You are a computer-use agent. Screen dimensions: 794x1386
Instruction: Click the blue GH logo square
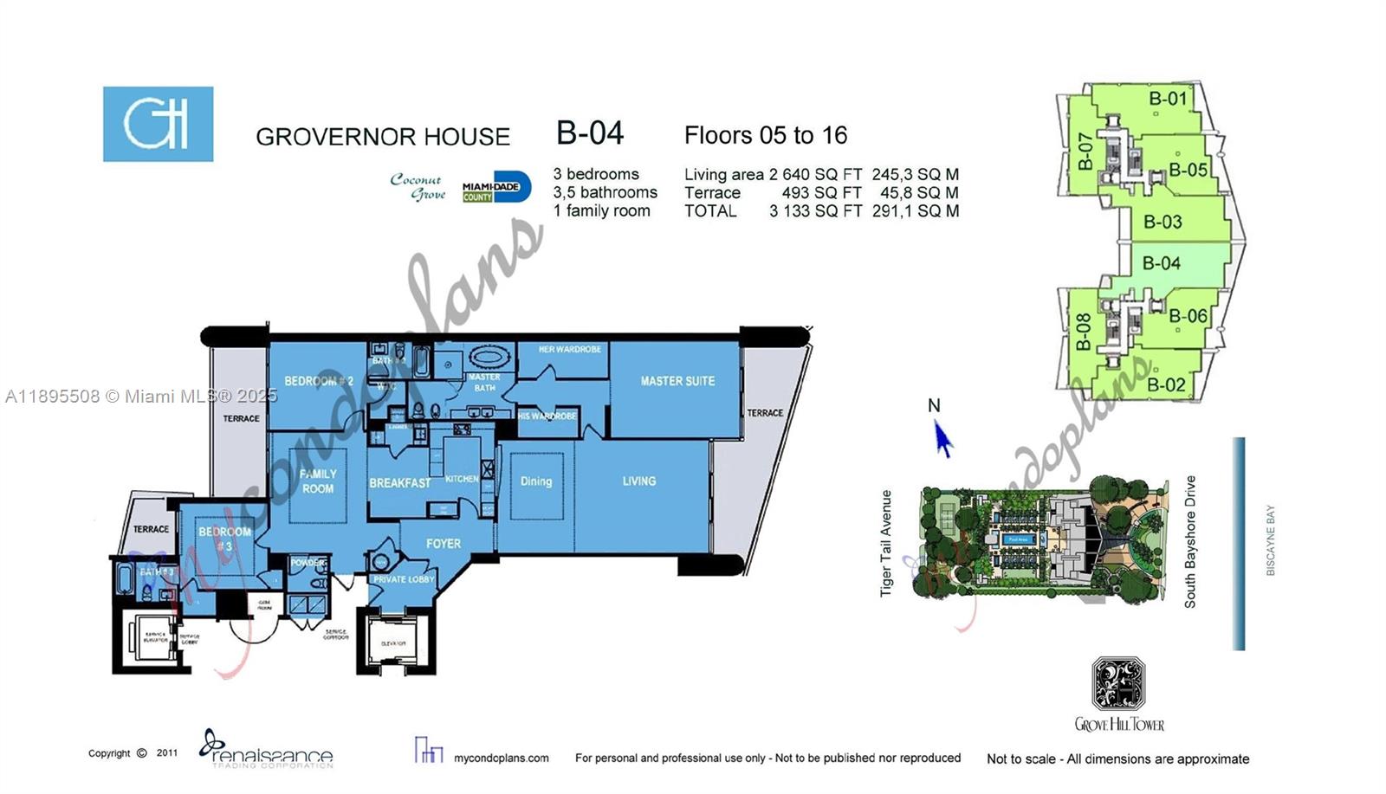158,124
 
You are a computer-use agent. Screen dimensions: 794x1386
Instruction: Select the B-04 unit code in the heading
590,133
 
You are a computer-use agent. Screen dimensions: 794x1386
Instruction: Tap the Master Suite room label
677,381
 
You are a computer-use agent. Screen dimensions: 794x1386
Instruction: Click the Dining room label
535,481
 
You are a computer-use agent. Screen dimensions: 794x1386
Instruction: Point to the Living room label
638,481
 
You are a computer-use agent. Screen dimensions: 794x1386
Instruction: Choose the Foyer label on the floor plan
443,544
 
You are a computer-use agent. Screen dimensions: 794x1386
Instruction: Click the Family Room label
318,481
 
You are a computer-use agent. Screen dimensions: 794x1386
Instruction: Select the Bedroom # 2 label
319,381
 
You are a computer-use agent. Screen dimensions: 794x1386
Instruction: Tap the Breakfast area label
399,483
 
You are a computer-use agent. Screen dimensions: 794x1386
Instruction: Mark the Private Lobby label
404,579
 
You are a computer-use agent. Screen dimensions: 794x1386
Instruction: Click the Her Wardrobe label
569,350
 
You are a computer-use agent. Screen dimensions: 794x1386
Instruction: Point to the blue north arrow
942,439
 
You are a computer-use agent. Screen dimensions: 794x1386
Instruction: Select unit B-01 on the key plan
1167,99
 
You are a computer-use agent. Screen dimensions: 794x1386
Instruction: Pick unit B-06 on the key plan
1187,316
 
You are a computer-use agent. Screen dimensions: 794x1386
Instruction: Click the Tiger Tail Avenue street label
886,544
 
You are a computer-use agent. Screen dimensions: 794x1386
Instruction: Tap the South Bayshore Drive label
1190,541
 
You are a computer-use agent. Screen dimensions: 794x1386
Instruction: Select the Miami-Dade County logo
495,187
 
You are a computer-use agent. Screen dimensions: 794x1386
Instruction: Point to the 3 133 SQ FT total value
815,211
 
